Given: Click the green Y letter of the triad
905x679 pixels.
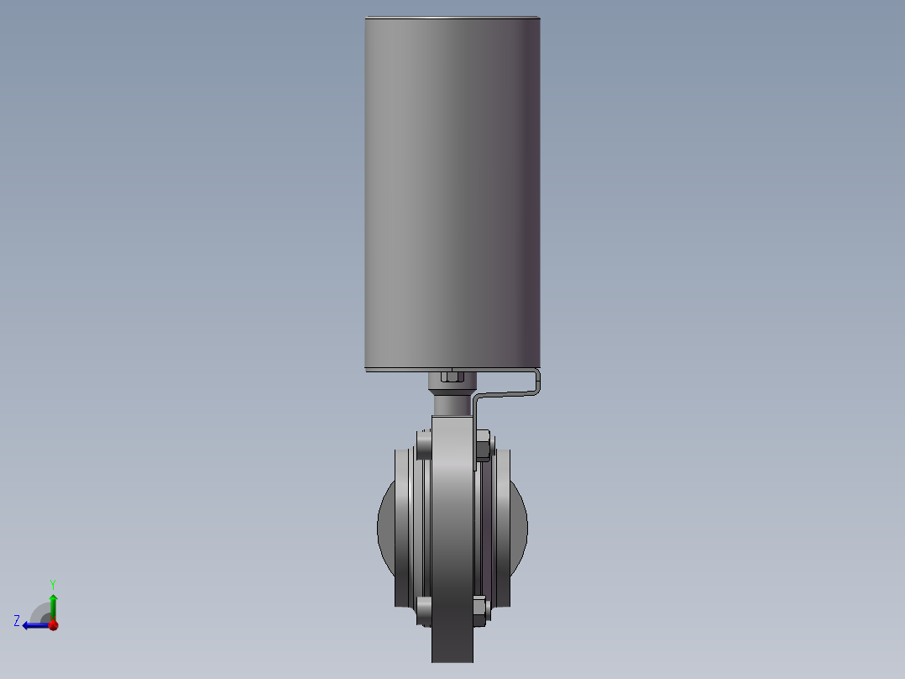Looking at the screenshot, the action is click(x=53, y=585).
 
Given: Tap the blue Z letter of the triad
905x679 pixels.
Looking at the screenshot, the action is click(x=17, y=621).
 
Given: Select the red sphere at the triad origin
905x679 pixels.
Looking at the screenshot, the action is click(x=53, y=624).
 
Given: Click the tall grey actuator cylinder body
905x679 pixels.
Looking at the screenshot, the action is click(x=452, y=192).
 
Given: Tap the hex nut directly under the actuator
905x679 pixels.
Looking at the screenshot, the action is click(x=452, y=377).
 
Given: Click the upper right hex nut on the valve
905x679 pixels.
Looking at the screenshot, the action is click(x=483, y=445).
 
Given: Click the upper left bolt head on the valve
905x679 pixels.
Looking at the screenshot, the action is click(x=424, y=445).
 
